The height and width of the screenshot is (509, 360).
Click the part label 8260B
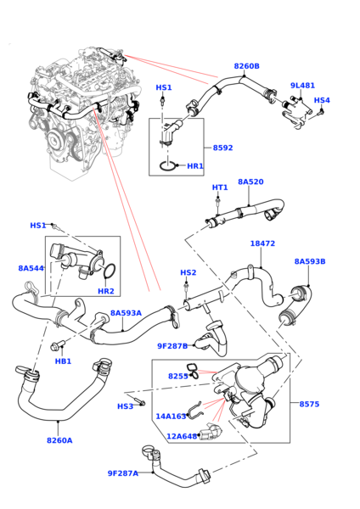point(246,66)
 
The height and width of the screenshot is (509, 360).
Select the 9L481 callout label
point(302,86)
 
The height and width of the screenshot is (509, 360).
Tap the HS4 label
point(322,100)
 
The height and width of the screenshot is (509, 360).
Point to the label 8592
point(223,148)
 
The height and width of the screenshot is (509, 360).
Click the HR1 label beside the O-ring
point(195,166)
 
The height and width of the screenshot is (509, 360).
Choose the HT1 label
point(220,187)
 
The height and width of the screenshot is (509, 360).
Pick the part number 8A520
point(250,182)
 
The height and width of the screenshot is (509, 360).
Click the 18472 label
point(262,243)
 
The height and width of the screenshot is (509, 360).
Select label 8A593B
point(310,261)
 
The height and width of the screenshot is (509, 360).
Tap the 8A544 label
point(31,268)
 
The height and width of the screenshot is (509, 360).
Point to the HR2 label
point(106,291)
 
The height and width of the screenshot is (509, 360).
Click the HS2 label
point(188,272)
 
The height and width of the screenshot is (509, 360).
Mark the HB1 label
point(63,361)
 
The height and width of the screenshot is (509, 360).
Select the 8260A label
point(59,440)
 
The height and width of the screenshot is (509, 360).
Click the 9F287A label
point(123,473)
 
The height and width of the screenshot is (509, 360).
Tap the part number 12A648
point(182,437)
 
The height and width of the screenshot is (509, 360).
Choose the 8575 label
point(309,404)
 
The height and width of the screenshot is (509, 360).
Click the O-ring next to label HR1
point(167,166)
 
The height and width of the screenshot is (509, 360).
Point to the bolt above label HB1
point(58,345)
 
